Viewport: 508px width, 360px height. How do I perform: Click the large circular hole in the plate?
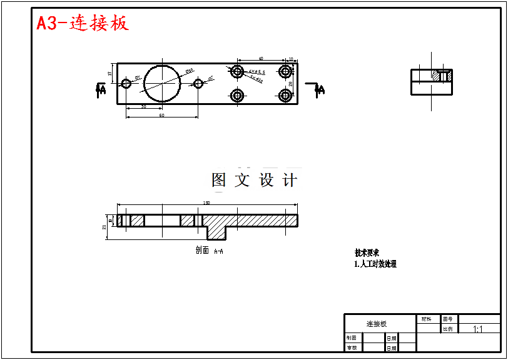(x=161, y=82)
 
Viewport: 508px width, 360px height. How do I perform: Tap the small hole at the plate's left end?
(x=126, y=83)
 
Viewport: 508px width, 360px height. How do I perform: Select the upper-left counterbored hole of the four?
(x=237, y=71)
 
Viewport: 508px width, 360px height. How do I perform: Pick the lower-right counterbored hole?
(x=286, y=96)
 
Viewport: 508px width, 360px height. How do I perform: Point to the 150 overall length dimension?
(x=206, y=202)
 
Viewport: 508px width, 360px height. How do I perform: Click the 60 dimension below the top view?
(x=161, y=115)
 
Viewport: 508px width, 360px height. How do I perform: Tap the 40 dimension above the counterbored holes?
(x=260, y=59)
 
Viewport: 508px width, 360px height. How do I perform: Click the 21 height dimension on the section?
(x=104, y=227)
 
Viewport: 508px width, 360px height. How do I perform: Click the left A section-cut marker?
(x=100, y=90)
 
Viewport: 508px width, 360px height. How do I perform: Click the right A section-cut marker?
(x=320, y=89)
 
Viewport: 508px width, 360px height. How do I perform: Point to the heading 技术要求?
(x=367, y=253)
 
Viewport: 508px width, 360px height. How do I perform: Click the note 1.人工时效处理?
(x=375, y=264)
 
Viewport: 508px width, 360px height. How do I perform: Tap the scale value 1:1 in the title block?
(x=478, y=329)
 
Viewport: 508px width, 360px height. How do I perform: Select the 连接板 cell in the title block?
(x=377, y=324)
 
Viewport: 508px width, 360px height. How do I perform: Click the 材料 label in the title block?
(x=426, y=319)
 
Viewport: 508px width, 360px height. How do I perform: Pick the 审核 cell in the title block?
(x=352, y=347)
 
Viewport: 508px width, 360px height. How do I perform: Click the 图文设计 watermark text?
(x=255, y=181)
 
